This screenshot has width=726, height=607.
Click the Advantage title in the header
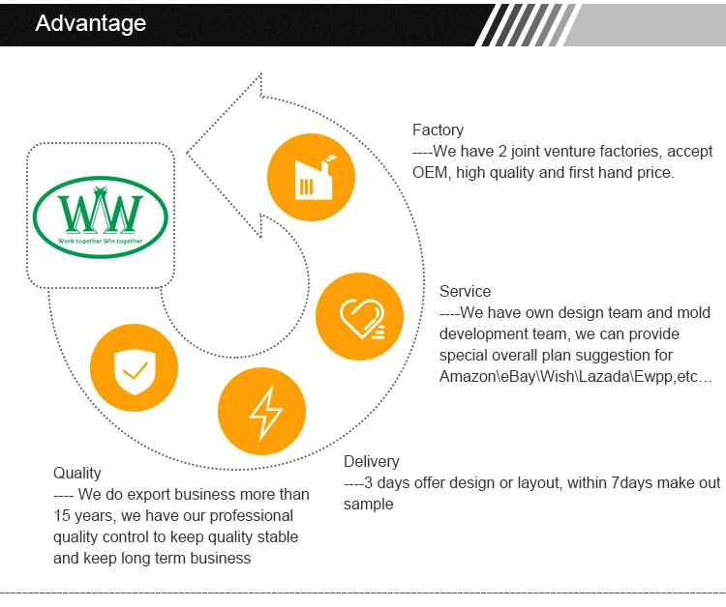point(91,23)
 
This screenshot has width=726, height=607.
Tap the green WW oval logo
point(101,217)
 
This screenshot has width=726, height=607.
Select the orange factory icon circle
point(311,177)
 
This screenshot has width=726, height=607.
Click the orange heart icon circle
point(359,317)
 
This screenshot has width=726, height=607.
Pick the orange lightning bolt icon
point(261,411)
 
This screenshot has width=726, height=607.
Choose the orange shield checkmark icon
point(135,368)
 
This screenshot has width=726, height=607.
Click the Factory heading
point(438,130)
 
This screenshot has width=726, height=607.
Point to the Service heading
point(465,291)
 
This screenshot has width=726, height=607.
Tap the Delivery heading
point(372,461)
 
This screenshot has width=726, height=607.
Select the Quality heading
point(76,473)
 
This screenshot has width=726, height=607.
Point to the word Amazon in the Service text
point(468,376)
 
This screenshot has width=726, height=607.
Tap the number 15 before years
point(61,515)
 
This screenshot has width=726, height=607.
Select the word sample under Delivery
point(369,505)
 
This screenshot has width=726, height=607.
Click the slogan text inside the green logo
point(100,241)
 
